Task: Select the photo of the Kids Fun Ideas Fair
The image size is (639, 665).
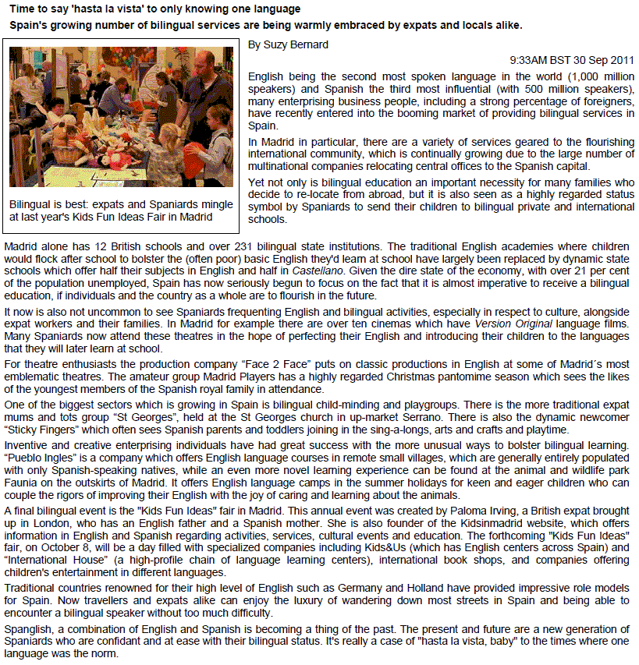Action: (121, 117)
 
